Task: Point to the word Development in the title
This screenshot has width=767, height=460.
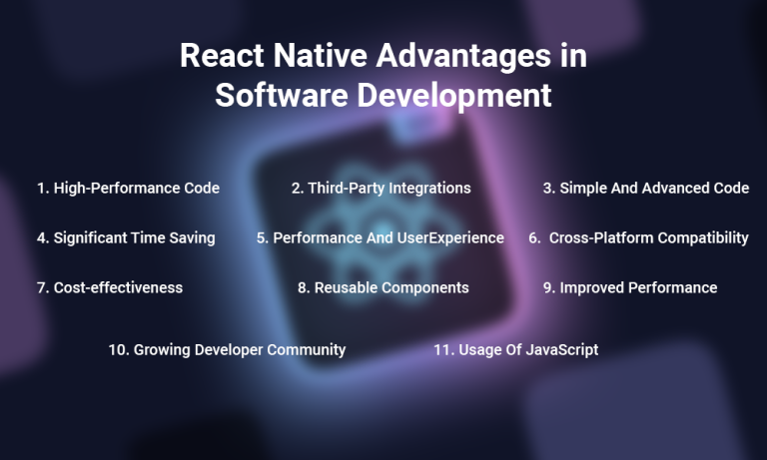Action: [x=447, y=96]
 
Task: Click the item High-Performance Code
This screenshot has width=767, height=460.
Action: [x=128, y=188]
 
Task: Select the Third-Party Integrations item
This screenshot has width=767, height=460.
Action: [x=381, y=188]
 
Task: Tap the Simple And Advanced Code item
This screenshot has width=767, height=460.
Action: [x=646, y=188]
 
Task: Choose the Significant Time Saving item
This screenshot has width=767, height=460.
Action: [x=126, y=238]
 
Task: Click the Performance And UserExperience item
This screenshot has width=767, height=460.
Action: [x=381, y=238]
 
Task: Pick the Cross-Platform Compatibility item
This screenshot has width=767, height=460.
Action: [x=639, y=238]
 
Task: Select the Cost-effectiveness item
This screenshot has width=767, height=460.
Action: [x=110, y=287]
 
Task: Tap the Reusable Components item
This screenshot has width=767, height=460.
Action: [x=383, y=287]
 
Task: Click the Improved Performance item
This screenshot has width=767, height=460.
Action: [x=630, y=287]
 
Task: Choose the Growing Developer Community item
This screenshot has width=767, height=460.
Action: [x=227, y=349]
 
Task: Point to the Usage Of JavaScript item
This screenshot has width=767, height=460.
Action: [x=515, y=349]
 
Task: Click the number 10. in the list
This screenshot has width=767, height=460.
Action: [x=120, y=349]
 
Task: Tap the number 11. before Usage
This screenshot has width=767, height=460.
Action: [x=444, y=349]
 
